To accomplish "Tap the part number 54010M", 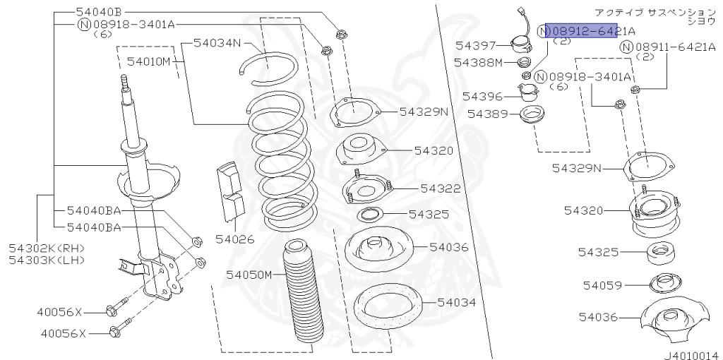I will [152, 61].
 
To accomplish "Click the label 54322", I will [440, 188].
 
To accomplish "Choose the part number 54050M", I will [249, 274].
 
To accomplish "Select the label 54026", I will [235, 240].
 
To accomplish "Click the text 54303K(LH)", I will [47, 260].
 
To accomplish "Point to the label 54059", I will [602, 285].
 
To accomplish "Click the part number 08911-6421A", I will [676, 47].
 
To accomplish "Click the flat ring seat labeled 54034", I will [386, 308].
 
